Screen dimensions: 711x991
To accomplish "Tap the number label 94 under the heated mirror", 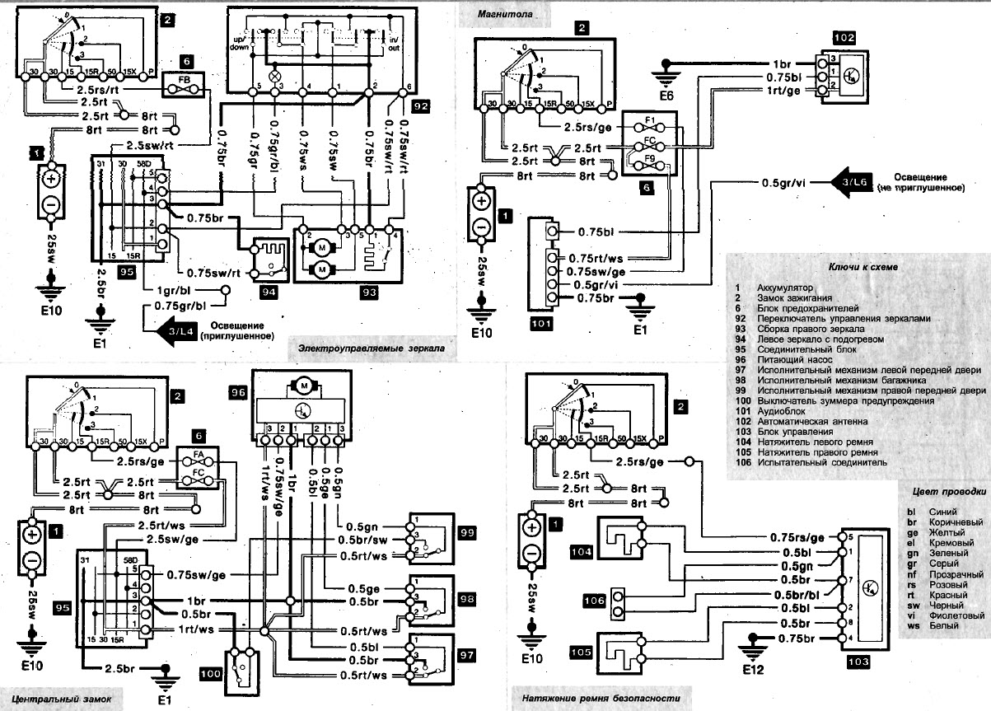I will (x=269, y=291).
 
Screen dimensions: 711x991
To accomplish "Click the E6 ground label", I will (x=666, y=96).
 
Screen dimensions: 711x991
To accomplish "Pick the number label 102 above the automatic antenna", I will (x=844, y=37).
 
